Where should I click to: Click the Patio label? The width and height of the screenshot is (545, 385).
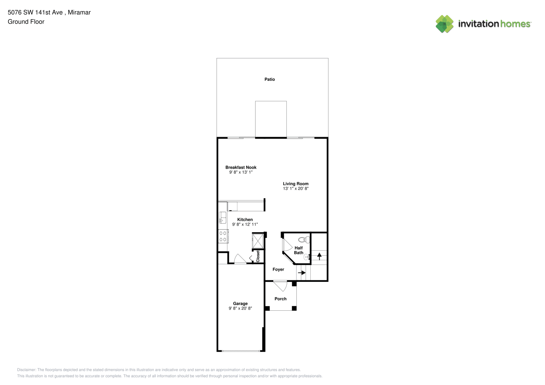pos(269,79)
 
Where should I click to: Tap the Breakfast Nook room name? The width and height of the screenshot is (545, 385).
pos(241,167)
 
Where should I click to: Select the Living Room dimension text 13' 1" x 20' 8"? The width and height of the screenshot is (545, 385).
pos(296,188)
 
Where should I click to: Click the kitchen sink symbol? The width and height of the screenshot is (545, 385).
pos(222,218)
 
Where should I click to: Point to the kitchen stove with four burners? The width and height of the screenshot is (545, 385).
pos(223,236)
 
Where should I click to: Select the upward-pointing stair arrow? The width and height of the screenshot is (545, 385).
pos(319,256)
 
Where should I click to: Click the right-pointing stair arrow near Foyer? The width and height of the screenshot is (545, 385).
pos(302,273)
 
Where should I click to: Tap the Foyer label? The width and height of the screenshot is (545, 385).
pos(278,269)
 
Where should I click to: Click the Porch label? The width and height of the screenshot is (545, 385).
pos(281,299)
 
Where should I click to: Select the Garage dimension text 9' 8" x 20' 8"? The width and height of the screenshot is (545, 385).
pos(240,308)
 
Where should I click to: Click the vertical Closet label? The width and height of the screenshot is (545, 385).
pos(258,256)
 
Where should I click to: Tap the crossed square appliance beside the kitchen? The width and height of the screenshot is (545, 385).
pos(257,241)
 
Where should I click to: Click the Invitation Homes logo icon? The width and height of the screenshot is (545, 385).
pos(444,24)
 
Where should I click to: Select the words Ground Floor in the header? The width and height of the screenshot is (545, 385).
pos(26,22)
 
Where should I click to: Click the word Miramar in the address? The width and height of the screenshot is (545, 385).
pos(79,12)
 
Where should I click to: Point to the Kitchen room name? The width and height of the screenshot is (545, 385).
pos(245,219)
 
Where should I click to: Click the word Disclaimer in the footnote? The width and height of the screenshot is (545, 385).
pos(26,370)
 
